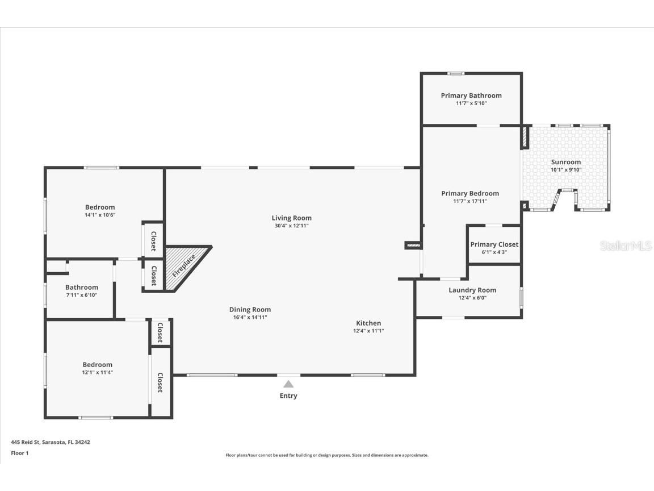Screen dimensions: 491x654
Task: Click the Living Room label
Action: point(291,218)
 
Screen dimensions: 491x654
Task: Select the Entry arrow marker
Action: point(288,384)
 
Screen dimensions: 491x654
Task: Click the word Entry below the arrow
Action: point(288,396)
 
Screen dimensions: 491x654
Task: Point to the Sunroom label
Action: point(565,162)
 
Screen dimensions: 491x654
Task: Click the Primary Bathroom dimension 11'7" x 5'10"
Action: point(471,103)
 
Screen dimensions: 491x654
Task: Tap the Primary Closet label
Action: point(494,244)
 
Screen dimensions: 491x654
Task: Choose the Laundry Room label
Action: point(472,290)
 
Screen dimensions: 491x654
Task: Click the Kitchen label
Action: point(368,323)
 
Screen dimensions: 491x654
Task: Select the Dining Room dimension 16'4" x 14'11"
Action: point(250,317)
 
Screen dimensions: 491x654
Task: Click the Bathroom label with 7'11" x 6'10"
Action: point(81,288)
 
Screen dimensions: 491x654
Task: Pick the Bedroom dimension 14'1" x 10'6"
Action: point(100,215)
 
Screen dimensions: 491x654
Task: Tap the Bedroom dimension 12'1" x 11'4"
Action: point(97,372)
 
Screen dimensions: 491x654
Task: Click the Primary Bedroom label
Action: point(470,193)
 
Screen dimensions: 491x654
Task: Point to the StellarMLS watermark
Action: point(626,246)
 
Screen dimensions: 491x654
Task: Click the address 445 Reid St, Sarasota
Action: point(50,442)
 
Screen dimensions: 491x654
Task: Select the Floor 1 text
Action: point(19,453)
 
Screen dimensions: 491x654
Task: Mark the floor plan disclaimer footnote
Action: point(327,455)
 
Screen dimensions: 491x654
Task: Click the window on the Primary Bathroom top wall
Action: point(455,73)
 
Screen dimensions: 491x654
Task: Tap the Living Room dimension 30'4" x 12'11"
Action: point(291,226)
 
